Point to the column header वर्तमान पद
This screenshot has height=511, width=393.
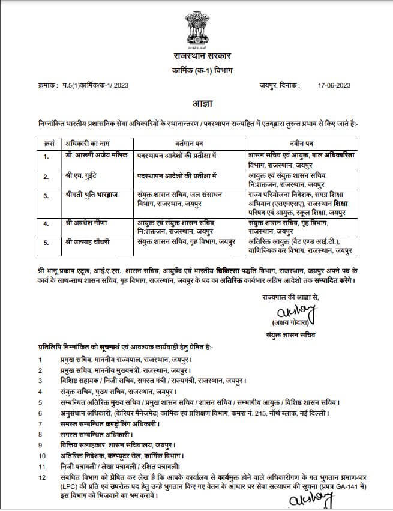[x=190, y=144]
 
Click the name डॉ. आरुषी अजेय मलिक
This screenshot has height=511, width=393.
[x=90, y=155]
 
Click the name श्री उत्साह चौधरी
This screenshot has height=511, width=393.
[x=85, y=241]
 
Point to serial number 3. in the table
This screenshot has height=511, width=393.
[x=46, y=196]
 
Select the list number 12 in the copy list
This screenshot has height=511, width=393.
[x=41, y=477]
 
